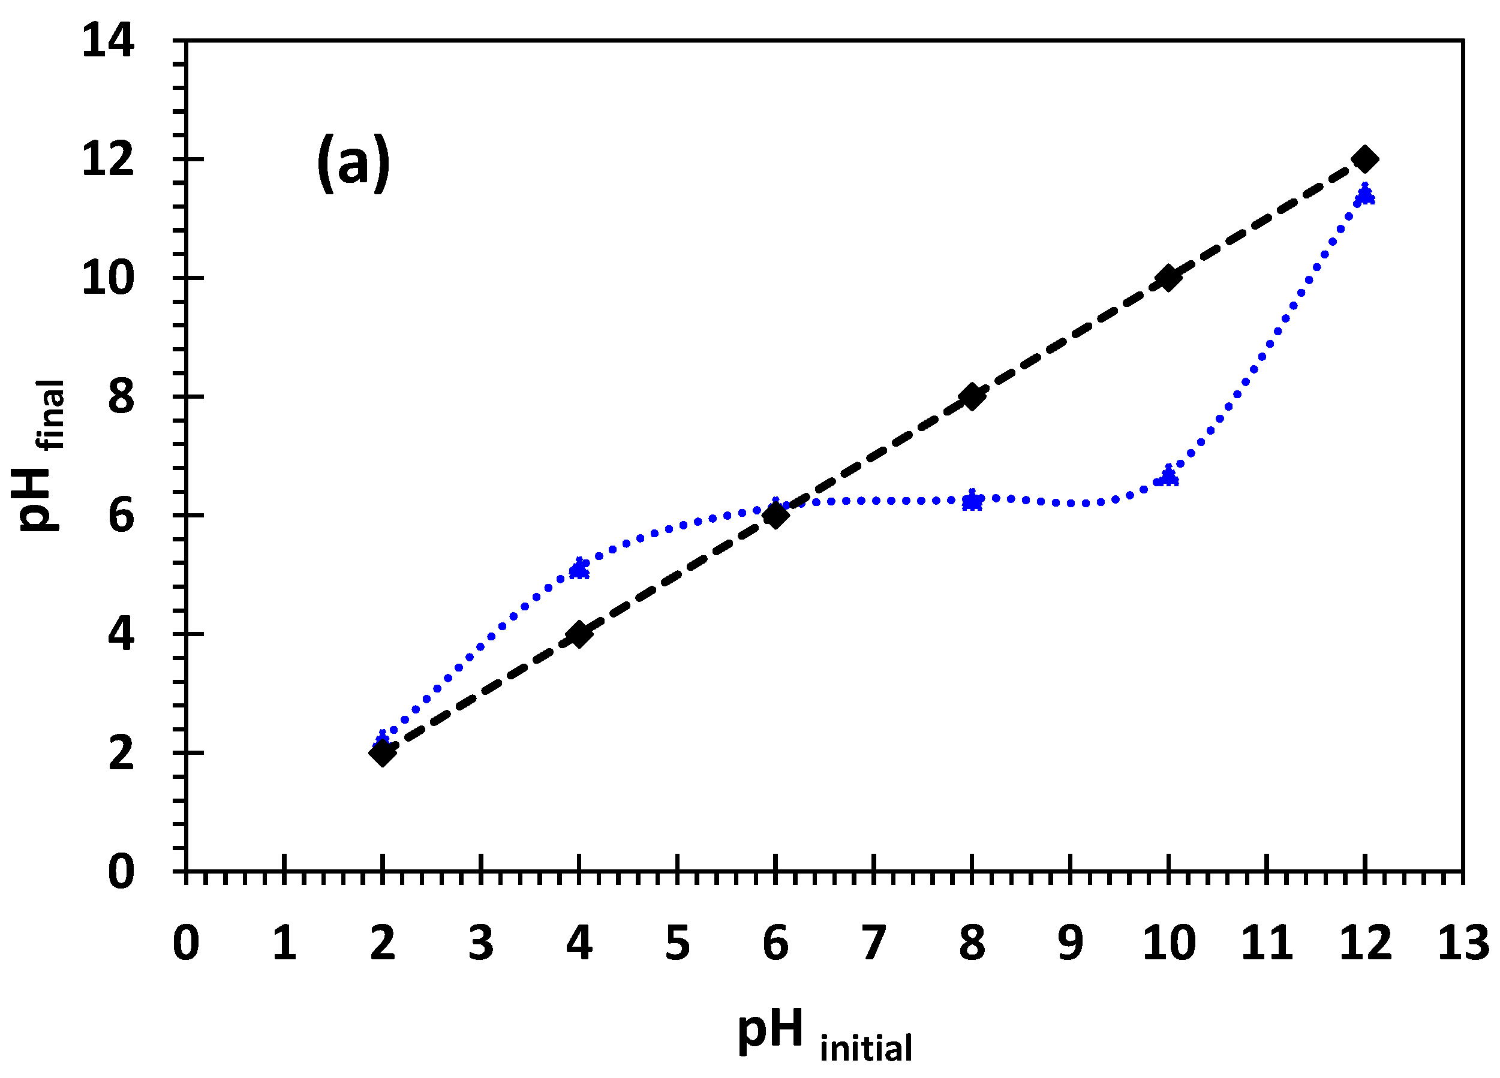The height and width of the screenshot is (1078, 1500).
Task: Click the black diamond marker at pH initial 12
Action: (x=1364, y=159)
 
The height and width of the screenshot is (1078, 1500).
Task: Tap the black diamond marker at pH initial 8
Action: (x=972, y=397)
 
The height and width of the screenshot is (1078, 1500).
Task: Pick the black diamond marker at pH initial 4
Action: (x=579, y=634)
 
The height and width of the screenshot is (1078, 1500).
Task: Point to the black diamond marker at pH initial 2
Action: (x=382, y=752)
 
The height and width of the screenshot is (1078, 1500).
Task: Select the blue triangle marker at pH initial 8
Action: (x=972, y=500)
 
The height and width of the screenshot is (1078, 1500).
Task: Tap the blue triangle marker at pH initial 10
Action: (x=1169, y=475)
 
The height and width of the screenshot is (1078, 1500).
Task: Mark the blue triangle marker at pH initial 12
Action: (x=1364, y=194)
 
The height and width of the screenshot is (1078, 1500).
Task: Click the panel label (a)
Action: (x=354, y=163)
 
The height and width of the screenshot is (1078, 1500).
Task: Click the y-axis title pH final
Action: (x=41, y=456)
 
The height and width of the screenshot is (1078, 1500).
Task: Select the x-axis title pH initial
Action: (x=824, y=1034)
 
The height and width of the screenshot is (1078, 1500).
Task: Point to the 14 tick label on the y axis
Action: (x=107, y=41)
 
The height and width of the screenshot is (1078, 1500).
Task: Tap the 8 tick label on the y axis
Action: (x=121, y=398)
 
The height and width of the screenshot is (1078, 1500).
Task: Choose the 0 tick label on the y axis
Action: (x=121, y=871)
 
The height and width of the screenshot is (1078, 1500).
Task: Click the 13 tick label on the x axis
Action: (x=1463, y=943)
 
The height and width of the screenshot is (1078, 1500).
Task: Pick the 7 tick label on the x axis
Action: (x=873, y=943)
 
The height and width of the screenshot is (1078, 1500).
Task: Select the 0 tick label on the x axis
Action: (x=186, y=943)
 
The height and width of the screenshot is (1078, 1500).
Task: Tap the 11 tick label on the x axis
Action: (x=1266, y=943)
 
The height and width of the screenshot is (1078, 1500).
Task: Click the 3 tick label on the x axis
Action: (x=481, y=943)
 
